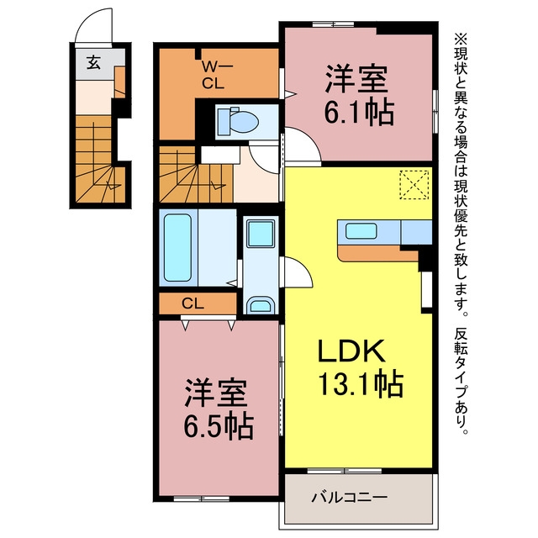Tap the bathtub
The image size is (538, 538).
point(177,248)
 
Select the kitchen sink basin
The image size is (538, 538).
point(361,230)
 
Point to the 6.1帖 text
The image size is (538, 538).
point(359,113)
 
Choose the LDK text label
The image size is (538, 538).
point(351,351)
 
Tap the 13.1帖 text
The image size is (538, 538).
point(361,383)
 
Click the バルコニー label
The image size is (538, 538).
point(350,497)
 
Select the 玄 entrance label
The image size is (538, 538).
point(93,62)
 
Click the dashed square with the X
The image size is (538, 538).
point(414,185)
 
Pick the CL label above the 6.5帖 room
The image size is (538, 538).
point(193,303)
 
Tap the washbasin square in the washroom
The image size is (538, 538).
point(261,234)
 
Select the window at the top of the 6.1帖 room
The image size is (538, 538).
point(333,24)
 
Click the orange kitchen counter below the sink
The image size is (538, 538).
point(377,253)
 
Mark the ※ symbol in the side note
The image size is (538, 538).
point(461,39)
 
